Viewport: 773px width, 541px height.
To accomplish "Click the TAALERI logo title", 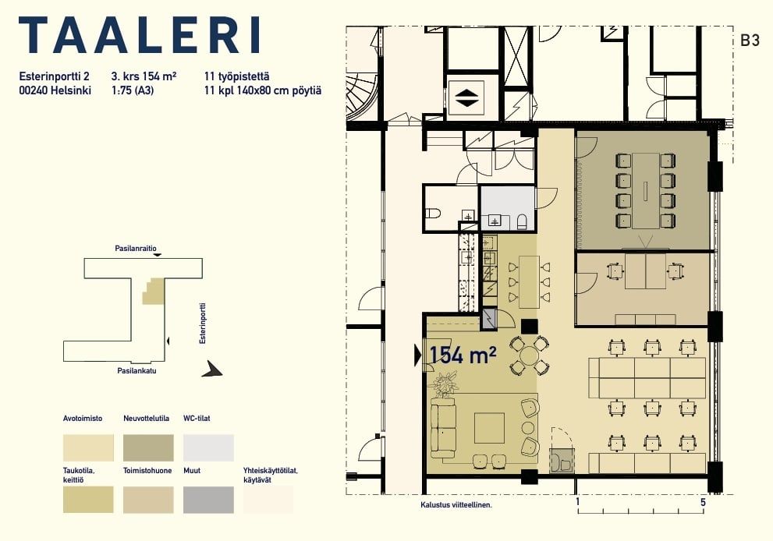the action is click(x=140, y=35).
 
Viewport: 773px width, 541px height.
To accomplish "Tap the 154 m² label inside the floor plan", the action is click(x=463, y=355).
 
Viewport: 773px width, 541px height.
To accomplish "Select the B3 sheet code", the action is click(x=750, y=41).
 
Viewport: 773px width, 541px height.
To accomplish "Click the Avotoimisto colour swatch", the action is click(x=88, y=447).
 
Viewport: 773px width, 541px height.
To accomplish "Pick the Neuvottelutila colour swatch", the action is click(x=148, y=447).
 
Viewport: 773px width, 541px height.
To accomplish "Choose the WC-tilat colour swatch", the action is click(x=208, y=447).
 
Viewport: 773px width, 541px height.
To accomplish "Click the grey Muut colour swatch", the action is click(x=208, y=500).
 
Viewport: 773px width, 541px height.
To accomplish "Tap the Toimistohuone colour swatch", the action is click(x=148, y=500).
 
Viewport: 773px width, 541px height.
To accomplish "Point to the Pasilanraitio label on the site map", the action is click(x=136, y=249).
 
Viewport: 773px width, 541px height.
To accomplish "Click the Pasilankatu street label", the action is click(x=137, y=370).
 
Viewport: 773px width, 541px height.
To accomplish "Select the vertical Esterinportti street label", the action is click(x=202, y=324).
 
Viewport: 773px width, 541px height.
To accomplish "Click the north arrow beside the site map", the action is click(x=212, y=369).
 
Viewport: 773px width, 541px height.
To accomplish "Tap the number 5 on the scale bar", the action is click(x=703, y=502).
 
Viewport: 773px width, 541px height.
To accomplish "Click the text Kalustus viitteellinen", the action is click(x=456, y=504).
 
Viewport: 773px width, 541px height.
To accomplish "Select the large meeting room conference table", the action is click(x=646, y=191).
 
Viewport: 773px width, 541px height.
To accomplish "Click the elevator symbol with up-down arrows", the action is click(x=466, y=97).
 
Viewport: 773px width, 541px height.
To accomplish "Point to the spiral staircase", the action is click(x=363, y=97).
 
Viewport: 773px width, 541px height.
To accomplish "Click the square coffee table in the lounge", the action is click(x=490, y=428).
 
